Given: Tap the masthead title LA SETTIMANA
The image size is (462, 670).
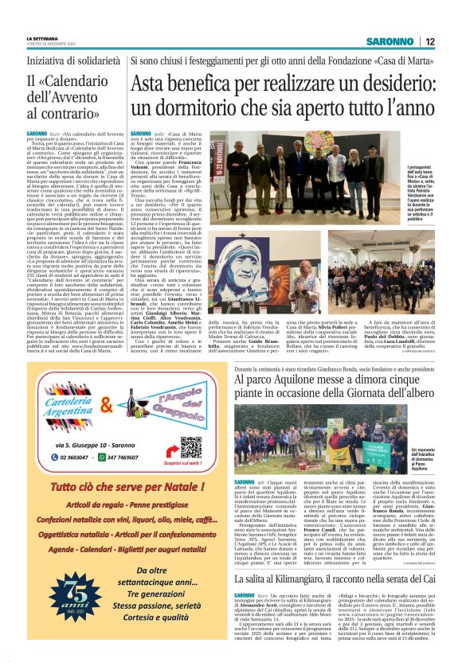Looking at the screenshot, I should tap(41, 37).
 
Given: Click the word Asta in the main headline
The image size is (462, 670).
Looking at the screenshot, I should tap(155, 83).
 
